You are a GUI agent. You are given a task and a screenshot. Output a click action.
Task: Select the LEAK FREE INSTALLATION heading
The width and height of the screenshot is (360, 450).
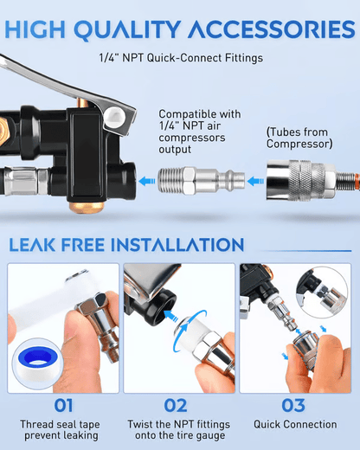coord(126,245)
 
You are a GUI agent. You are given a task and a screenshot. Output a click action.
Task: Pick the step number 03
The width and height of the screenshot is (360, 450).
coord(295,403)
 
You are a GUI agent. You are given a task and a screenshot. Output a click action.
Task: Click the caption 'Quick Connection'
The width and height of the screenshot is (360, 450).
coord(295,425)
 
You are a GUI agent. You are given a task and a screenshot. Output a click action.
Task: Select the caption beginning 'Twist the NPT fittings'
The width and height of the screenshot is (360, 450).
coord(178,431)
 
